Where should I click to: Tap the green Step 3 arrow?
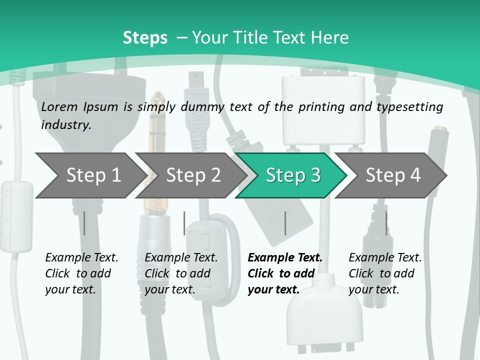292,175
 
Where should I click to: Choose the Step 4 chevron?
392,175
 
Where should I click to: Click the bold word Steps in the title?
145,38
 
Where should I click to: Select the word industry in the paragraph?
65,124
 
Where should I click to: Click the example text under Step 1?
81,273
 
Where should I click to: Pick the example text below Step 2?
180,273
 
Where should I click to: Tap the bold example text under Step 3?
284,273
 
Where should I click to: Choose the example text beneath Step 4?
384,273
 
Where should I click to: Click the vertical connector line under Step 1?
84,223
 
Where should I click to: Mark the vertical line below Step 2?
184,223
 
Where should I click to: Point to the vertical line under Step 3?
285,223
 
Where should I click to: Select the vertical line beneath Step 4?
386,223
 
